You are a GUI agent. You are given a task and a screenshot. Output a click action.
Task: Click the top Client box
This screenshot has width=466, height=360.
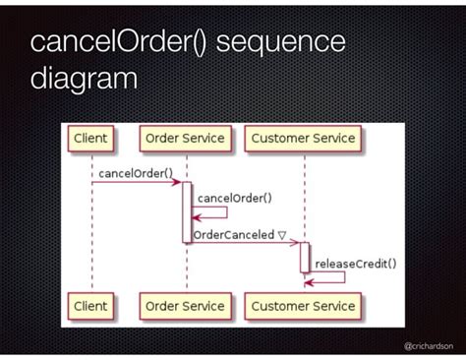(91, 139)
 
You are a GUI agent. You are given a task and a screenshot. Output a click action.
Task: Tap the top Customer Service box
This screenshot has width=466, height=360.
(304, 139)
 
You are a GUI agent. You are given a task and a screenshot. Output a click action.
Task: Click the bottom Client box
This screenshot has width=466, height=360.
(91, 306)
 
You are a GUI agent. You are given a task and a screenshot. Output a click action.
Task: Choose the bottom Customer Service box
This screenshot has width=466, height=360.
(304, 306)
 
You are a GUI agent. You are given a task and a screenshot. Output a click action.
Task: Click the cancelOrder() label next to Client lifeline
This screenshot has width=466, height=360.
(136, 172)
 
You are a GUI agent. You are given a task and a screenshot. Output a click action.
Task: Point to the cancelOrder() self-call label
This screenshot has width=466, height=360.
(235, 197)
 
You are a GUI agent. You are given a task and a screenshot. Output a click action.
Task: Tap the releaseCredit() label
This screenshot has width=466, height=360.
(355, 263)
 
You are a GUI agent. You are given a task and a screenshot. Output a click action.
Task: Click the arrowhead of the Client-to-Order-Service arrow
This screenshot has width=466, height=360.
(177, 182)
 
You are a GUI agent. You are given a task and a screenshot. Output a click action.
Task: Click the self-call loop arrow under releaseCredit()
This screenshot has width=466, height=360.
(329, 277)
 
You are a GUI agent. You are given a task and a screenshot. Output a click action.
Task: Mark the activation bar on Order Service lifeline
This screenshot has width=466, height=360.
(187, 211)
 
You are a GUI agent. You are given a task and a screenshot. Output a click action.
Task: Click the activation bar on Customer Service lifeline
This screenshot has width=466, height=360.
(305, 258)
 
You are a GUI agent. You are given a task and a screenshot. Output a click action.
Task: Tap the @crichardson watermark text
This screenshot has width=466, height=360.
(430, 346)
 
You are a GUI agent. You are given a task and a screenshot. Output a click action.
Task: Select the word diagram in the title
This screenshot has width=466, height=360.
(84, 79)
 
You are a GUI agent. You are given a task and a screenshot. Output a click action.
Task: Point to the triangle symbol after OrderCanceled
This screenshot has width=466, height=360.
(281, 235)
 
